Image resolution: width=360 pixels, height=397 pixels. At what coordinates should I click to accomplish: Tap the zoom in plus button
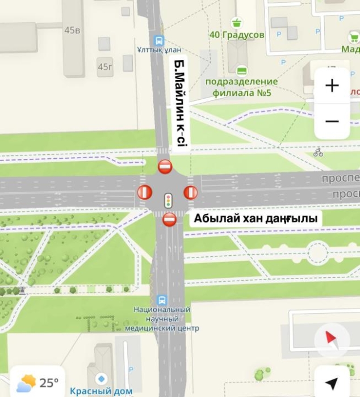coord(332,86)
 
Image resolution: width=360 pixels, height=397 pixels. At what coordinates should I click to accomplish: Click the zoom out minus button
coord(332,121)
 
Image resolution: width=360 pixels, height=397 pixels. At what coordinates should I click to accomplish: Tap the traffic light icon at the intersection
coord(168,200)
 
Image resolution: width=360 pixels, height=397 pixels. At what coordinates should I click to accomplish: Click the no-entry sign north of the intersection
coord(165,167)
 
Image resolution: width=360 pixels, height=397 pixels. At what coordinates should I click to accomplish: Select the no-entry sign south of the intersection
coord(169,219)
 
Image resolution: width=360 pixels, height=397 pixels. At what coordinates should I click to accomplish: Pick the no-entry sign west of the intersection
coord(145,193)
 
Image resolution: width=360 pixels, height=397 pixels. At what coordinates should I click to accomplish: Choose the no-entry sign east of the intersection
coord(190,193)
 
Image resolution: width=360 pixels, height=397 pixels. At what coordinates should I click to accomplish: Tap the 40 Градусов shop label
coord(237,35)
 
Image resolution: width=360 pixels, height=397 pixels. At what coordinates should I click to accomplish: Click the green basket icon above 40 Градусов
coord(236,23)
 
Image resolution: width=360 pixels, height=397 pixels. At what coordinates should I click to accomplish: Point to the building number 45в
coord(72,30)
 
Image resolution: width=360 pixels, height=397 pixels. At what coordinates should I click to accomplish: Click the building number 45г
coord(104,67)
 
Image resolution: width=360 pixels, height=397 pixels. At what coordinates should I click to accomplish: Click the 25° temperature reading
coord(49,382)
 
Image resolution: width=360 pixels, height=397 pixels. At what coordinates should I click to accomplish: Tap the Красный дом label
coord(101,391)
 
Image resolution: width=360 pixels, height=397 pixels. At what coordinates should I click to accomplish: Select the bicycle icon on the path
coord(318,152)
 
